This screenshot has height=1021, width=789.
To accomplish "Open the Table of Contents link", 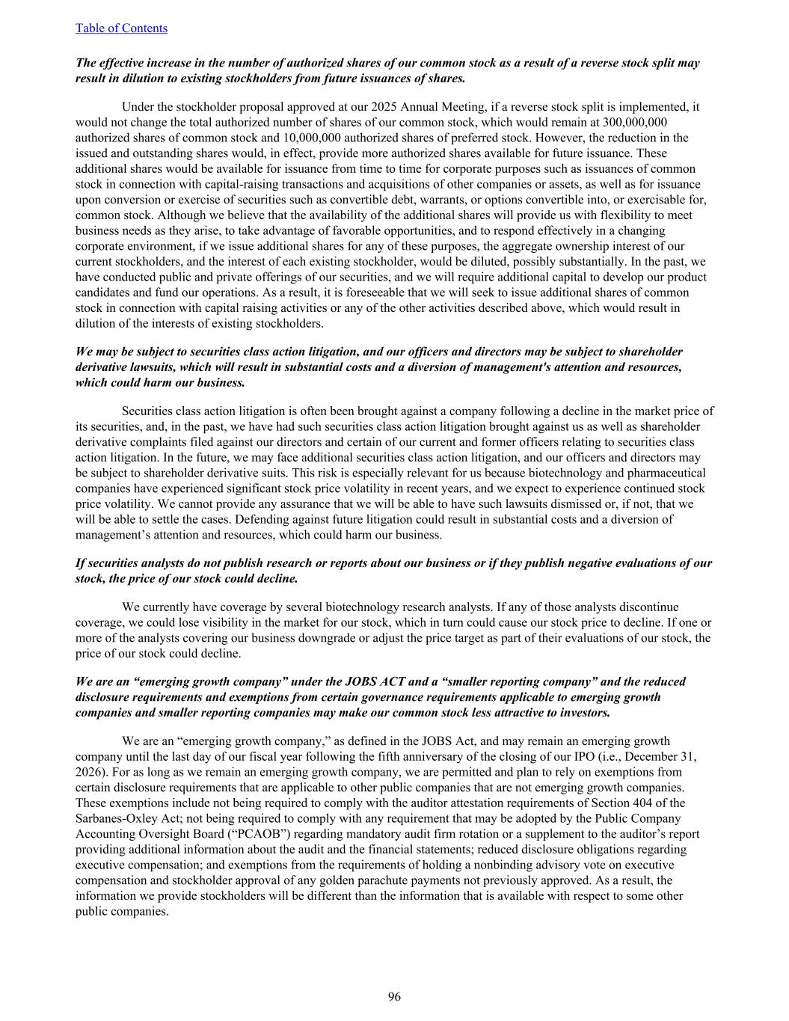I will tap(121, 28).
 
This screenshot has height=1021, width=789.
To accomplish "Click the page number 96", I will tap(394, 996).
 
